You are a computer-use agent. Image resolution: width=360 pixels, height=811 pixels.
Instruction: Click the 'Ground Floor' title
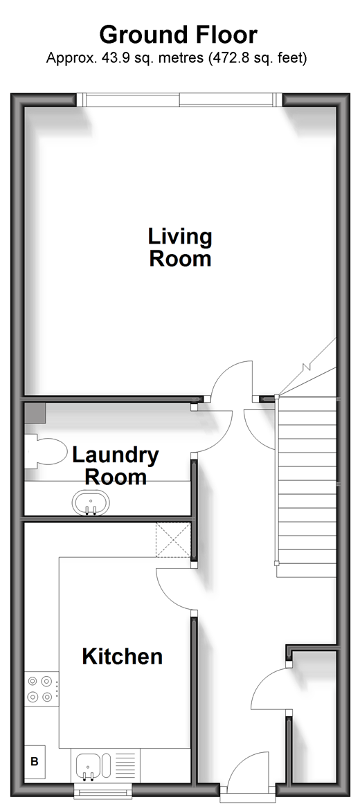click(x=179, y=36)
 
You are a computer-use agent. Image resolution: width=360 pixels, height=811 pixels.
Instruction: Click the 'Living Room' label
click(x=180, y=247)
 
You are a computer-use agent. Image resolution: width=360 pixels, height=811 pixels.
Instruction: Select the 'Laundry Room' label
click(x=116, y=466)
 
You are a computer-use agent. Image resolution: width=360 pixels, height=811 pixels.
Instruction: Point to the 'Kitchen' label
click(x=123, y=657)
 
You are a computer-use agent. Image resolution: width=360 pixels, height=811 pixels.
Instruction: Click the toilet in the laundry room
click(x=44, y=452)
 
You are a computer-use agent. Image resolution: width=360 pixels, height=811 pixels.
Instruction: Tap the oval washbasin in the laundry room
click(x=91, y=503)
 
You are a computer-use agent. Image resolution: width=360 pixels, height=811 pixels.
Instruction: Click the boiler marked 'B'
click(x=35, y=761)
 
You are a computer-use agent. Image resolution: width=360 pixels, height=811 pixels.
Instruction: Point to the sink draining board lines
click(x=125, y=765)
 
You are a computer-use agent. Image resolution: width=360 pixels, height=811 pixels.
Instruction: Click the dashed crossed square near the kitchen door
click(x=173, y=540)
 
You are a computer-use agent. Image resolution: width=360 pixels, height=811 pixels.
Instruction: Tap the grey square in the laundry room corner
click(x=35, y=412)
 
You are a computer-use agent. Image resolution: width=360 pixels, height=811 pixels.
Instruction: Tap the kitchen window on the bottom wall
click(x=103, y=790)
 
